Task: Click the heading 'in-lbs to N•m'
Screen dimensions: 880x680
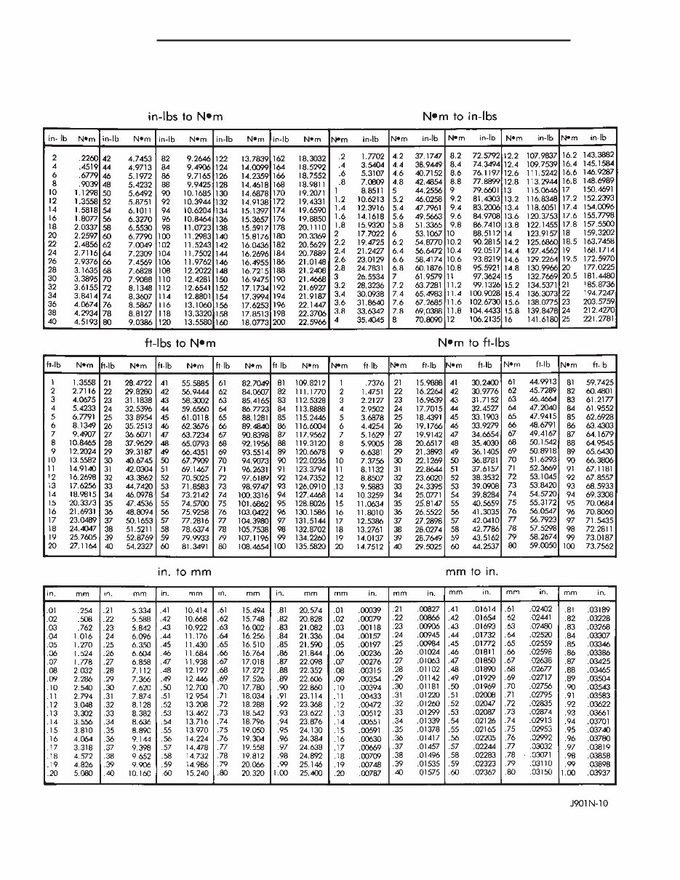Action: click(x=185, y=116)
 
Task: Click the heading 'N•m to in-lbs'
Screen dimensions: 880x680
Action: click(x=460, y=116)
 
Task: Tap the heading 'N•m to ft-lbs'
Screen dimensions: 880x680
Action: click(x=473, y=343)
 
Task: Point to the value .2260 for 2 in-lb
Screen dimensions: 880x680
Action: click(x=87, y=157)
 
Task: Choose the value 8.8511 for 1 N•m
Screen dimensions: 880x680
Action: click(x=371, y=191)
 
